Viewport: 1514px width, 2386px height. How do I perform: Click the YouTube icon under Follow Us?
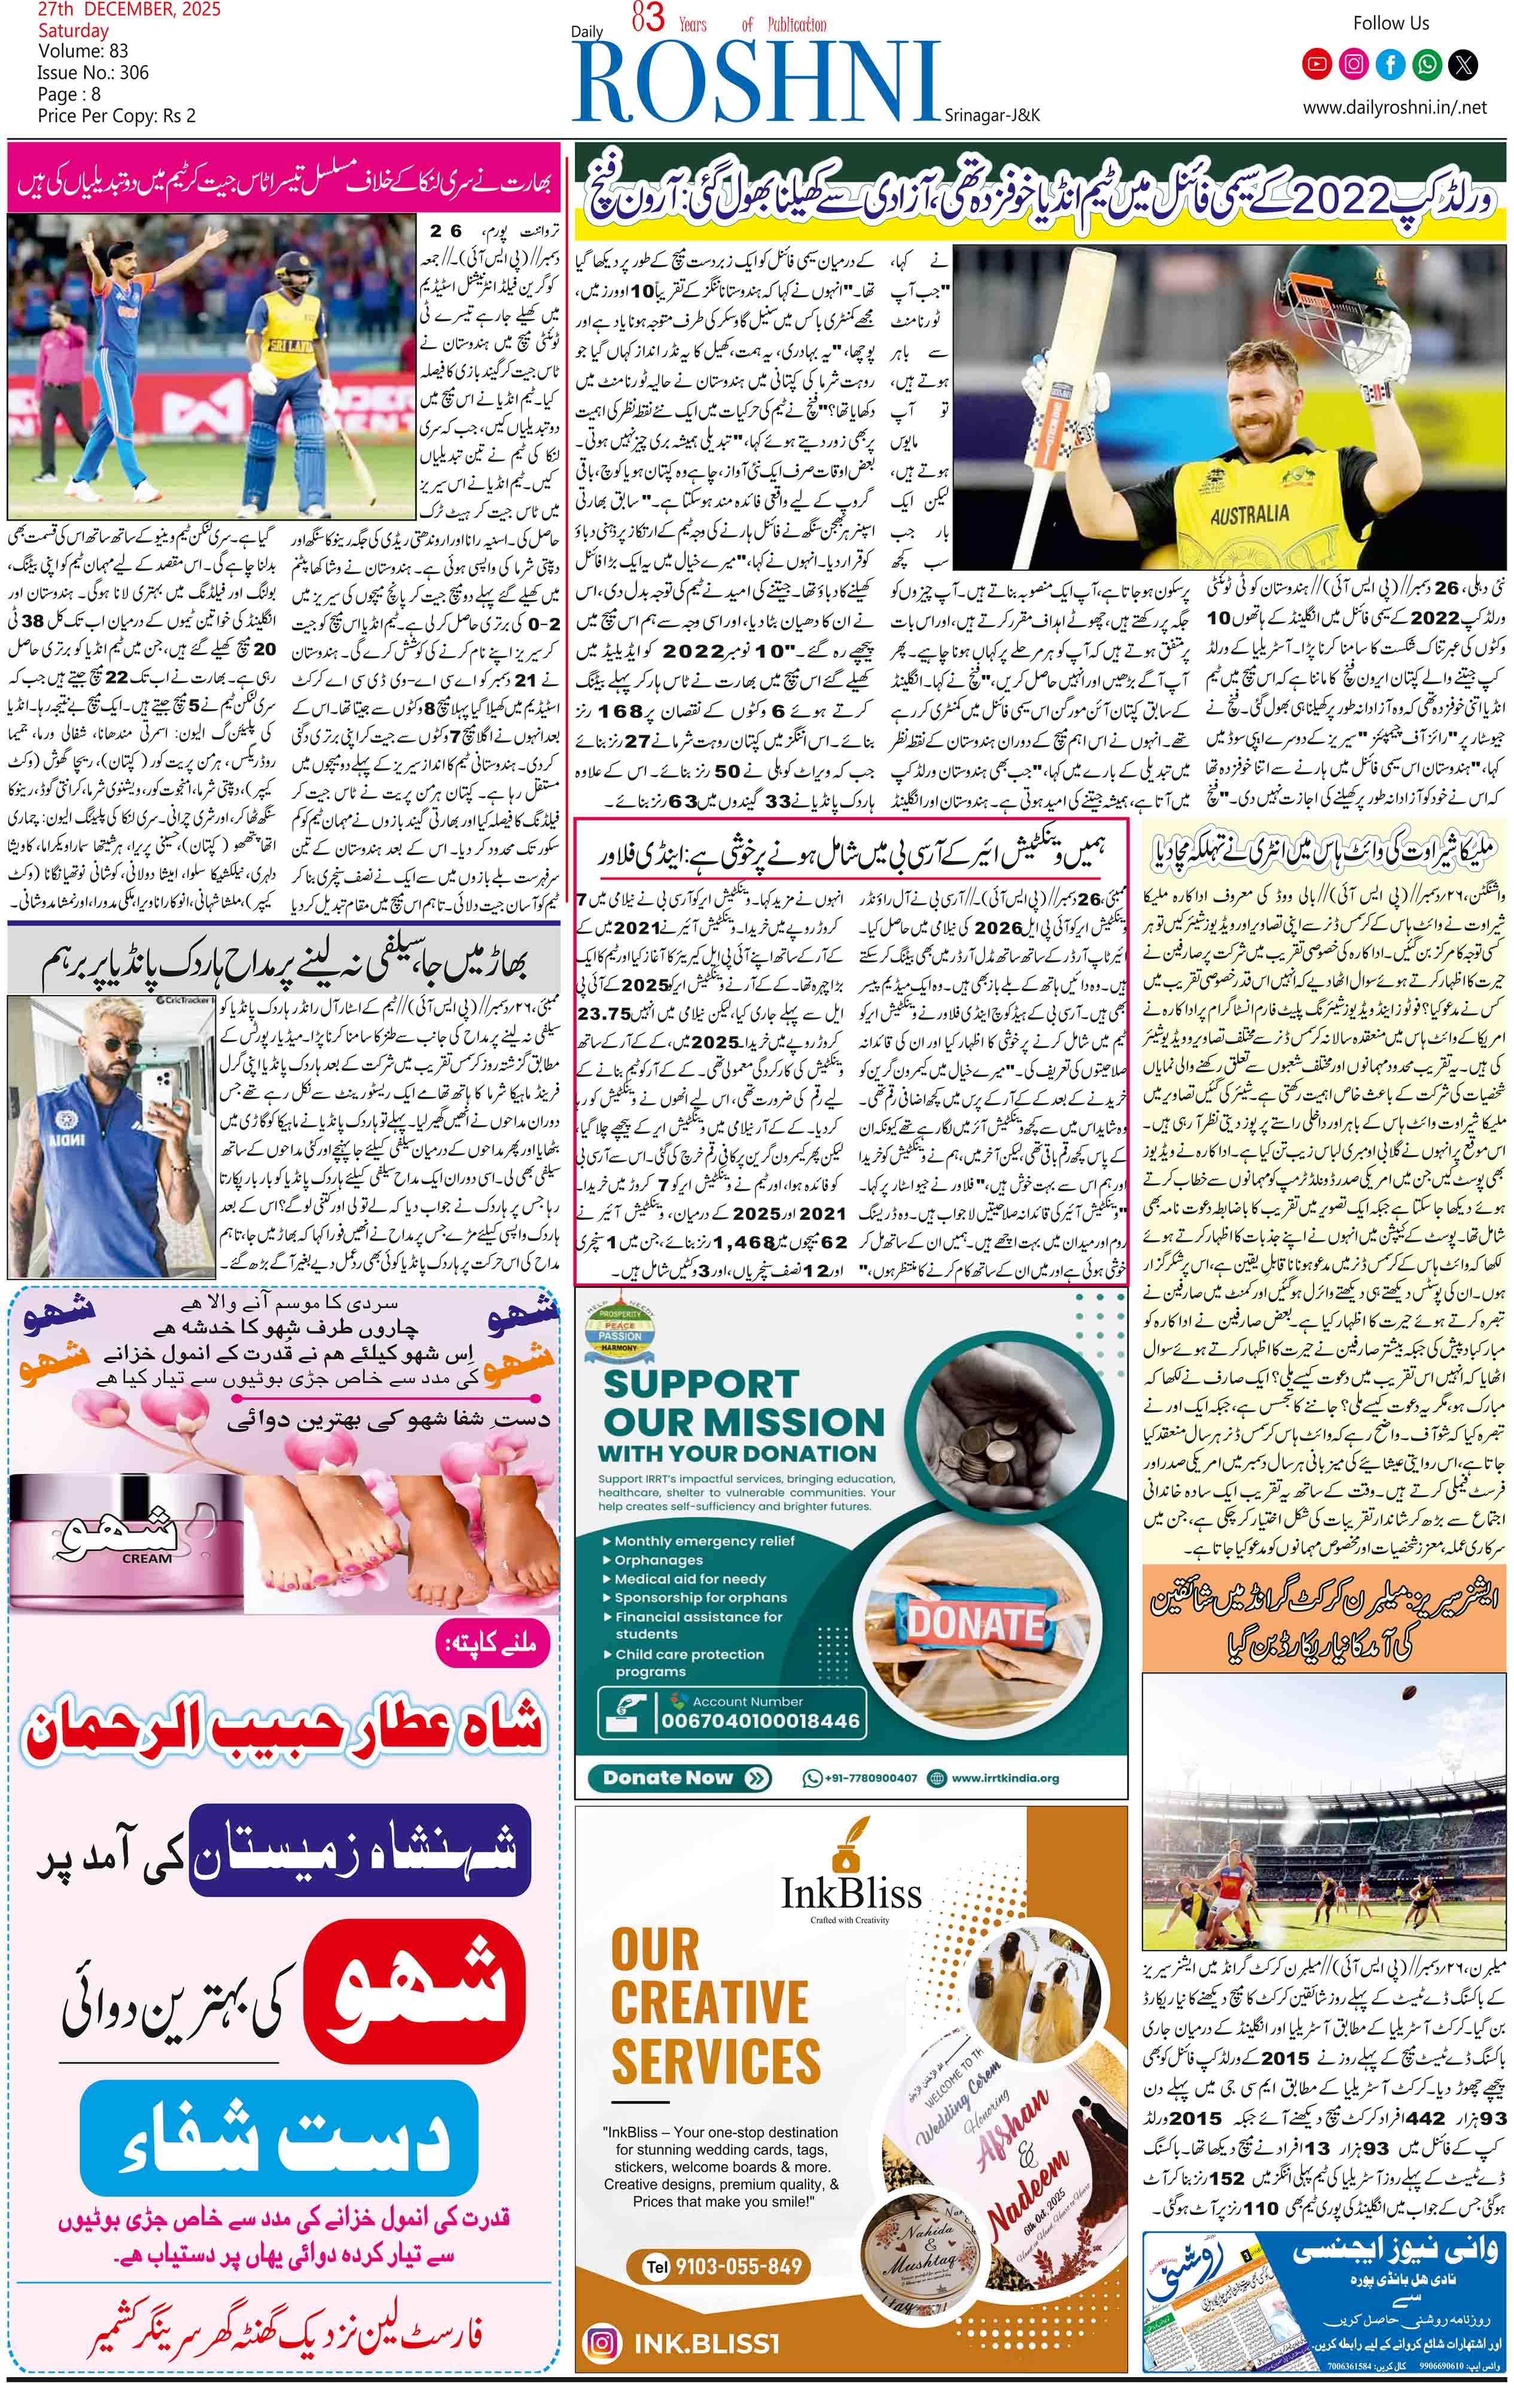pyautogui.click(x=1317, y=65)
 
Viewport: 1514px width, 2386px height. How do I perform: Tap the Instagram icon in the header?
pyautogui.click(x=1354, y=65)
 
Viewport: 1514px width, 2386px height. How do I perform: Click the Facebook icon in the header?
pyautogui.click(x=1390, y=65)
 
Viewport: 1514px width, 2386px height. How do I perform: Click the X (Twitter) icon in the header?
pyautogui.click(x=1464, y=65)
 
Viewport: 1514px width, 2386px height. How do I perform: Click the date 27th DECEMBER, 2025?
pyautogui.click(x=129, y=11)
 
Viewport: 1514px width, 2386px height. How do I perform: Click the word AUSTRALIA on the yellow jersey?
pyautogui.click(x=1248, y=515)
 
